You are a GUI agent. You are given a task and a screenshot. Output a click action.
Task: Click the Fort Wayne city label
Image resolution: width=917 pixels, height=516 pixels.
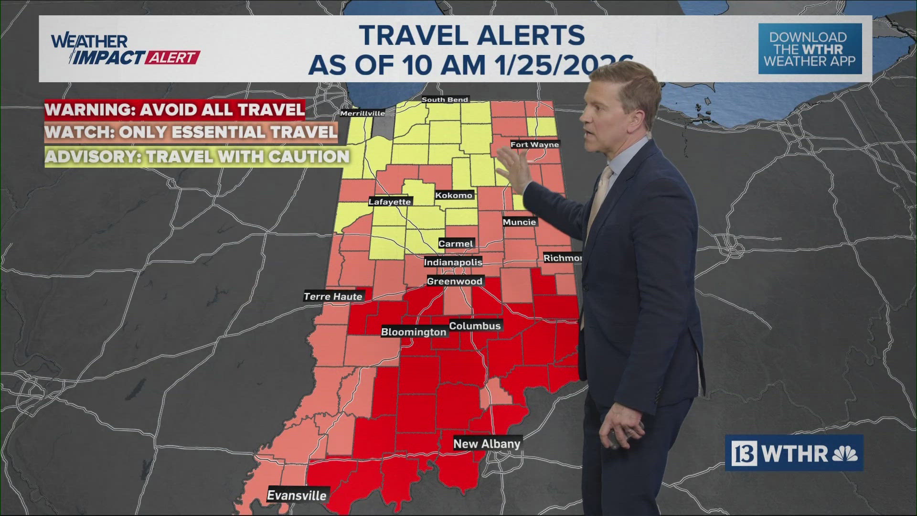click(x=534, y=144)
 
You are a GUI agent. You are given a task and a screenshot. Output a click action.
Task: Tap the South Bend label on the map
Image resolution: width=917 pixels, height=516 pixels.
click(x=445, y=99)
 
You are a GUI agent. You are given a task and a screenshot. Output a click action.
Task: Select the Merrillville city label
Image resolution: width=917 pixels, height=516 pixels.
click(x=362, y=113)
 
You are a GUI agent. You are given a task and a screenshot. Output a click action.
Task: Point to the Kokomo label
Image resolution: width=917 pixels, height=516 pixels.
click(x=454, y=195)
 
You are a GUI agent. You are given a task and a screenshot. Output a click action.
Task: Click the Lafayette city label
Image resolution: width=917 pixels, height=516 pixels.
click(x=390, y=202)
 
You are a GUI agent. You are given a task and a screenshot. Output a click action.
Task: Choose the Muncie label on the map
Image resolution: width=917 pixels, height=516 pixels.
click(x=519, y=222)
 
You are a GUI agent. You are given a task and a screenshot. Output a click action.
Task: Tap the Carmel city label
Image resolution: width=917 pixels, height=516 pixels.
click(x=456, y=244)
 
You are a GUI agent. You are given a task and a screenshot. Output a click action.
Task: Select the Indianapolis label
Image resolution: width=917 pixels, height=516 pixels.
click(x=453, y=262)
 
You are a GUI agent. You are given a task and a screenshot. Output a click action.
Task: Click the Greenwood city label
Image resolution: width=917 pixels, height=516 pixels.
click(x=455, y=281)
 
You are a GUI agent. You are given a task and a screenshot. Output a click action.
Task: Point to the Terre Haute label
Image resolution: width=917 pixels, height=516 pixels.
click(x=333, y=297)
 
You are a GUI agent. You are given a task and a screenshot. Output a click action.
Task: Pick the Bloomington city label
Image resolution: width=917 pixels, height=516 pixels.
click(x=414, y=332)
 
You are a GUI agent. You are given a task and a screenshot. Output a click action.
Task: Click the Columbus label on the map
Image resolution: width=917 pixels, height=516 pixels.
click(x=475, y=326)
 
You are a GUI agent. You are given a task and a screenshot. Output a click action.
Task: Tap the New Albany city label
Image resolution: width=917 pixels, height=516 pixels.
click(x=487, y=444)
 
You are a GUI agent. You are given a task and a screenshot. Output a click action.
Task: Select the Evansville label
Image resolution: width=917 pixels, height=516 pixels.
click(x=297, y=495)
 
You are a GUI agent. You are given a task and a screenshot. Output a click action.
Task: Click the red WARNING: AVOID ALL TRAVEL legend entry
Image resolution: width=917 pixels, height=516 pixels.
click(x=175, y=109)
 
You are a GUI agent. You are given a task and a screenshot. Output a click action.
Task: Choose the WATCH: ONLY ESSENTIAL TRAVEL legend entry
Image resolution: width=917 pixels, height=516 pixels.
click(x=191, y=132)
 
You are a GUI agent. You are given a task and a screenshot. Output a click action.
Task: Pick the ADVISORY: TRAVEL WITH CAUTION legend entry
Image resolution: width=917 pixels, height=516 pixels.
click(x=197, y=157)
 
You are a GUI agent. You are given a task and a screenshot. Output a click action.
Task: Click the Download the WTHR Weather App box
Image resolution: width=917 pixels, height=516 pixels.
click(x=810, y=49)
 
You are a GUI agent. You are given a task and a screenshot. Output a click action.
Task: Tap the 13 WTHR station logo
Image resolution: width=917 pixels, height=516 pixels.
click(x=794, y=453)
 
